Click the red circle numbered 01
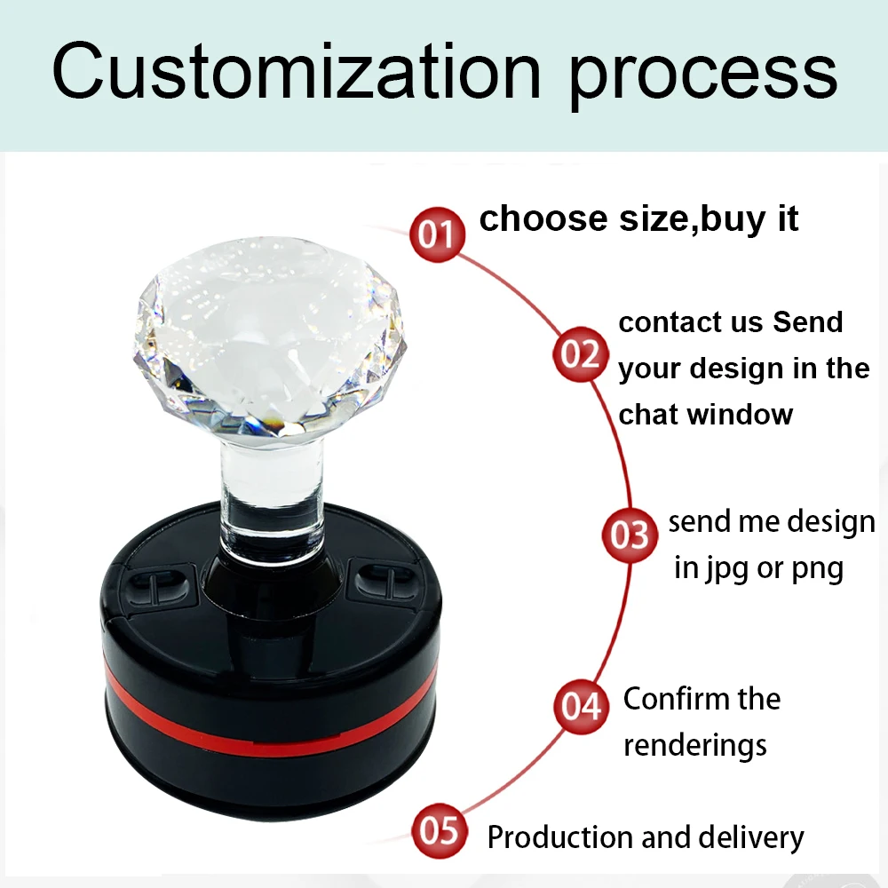point(437,234)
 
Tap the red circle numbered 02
point(581,354)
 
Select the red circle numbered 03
point(630,535)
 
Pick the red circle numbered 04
point(581,706)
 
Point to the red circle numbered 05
point(439,831)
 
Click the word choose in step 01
point(543,218)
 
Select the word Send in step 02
point(808,322)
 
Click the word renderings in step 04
point(695,746)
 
